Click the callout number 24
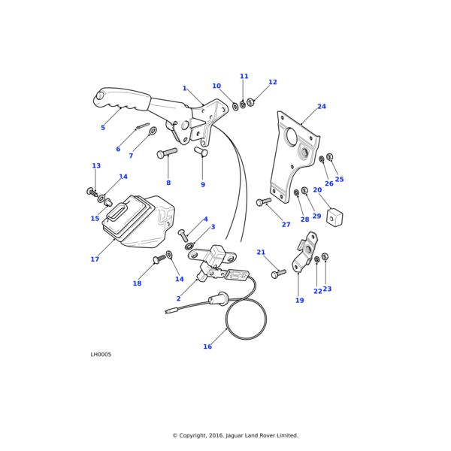click(322, 107)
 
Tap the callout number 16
click(207, 347)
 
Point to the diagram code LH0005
click(101, 354)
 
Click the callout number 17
click(95, 259)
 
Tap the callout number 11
click(244, 77)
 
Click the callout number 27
click(286, 225)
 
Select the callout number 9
click(203, 185)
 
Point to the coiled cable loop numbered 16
click(247, 317)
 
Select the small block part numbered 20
click(335, 216)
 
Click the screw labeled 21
click(278, 274)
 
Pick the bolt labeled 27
click(263, 201)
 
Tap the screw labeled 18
click(159, 259)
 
